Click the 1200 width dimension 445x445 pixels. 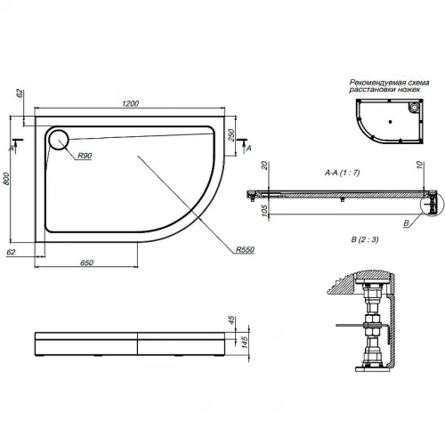130,104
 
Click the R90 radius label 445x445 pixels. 85,157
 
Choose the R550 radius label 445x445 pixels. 246,249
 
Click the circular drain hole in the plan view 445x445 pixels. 58,139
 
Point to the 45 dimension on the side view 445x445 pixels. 230,322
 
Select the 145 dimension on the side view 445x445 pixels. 230,343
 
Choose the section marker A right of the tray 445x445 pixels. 248,144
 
